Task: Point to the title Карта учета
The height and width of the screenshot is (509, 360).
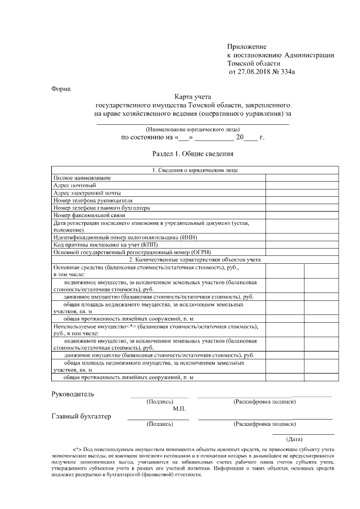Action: (x=193, y=97)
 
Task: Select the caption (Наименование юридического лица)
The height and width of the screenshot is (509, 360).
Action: (x=193, y=128)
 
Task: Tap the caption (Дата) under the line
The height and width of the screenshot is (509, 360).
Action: (x=295, y=438)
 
